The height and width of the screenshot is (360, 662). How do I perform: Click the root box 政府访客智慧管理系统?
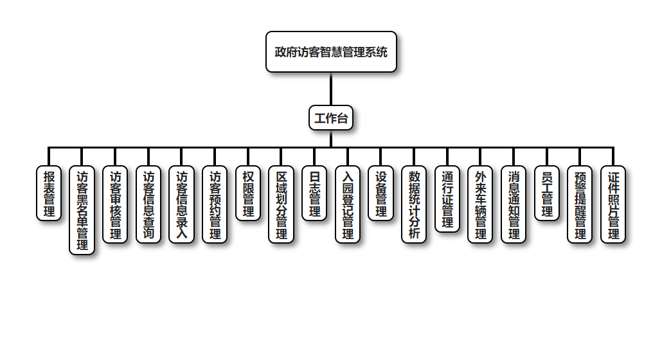(x=331, y=52)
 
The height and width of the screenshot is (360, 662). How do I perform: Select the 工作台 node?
(x=331, y=118)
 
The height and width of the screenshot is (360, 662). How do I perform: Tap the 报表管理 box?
(x=49, y=193)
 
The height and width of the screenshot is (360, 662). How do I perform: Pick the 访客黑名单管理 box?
(x=82, y=210)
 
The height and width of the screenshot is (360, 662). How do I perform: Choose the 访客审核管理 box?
(x=116, y=204)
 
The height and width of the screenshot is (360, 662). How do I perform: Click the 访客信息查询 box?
(x=148, y=204)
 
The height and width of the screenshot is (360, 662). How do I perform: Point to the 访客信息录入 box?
(x=182, y=204)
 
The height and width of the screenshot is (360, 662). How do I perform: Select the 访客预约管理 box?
(x=215, y=204)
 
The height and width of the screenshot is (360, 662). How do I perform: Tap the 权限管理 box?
(x=248, y=193)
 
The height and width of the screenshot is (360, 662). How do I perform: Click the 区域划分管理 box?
(x=282, y=204)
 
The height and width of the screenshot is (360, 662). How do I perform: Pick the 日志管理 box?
(x=315, y=193)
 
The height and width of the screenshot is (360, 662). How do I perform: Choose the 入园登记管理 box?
(x=348, y=204)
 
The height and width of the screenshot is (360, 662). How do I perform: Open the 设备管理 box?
(x=381, y=193)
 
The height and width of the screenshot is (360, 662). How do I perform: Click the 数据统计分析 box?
(x=415, y=204)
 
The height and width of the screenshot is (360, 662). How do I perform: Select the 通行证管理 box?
(x=447, y=199)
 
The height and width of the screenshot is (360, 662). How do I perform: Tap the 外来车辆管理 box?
(x=481, y=204)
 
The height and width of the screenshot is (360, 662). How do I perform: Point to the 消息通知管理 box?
(x=514, y=204)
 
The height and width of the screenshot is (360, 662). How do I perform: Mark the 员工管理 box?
(x=547, y=193)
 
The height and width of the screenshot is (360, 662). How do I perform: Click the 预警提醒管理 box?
(x=580, y=204)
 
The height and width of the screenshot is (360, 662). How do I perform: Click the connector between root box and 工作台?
(x=331, y=89)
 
